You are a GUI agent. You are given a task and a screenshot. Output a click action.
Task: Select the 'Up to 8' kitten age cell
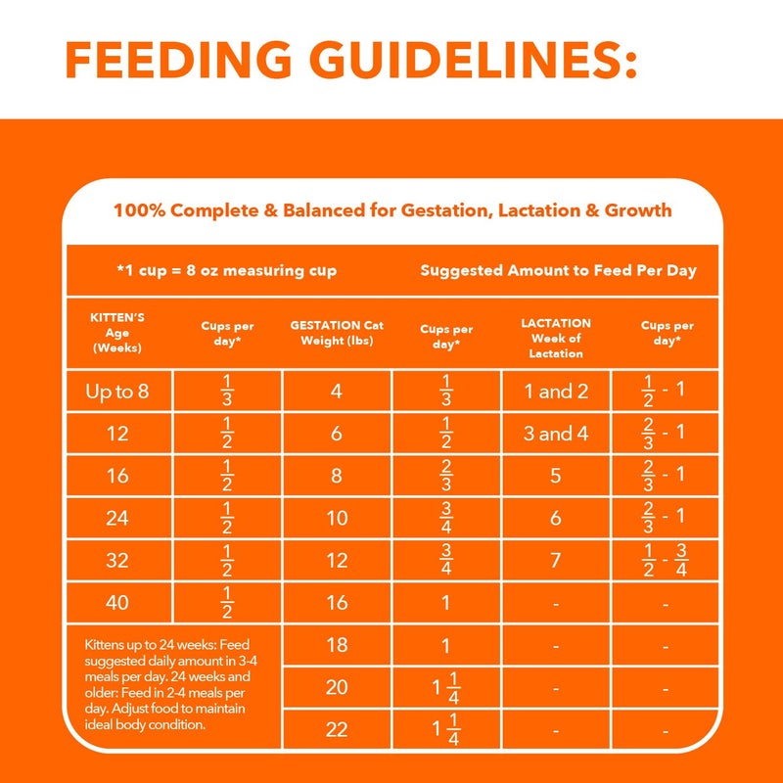click(117, 391)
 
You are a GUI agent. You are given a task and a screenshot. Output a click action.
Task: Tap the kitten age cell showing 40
click(117, 602)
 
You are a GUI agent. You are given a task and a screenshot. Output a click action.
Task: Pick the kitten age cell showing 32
click(117, 560)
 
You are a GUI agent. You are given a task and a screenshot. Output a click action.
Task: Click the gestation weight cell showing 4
click(337, 391)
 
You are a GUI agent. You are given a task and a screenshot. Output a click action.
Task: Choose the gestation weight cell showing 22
click(337, 729)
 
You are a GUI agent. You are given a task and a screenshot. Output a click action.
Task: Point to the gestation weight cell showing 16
click(337, 602)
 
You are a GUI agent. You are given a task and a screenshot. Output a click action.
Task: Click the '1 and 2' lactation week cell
click(555, 391)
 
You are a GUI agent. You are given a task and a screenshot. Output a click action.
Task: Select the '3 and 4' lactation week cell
click(555, 434)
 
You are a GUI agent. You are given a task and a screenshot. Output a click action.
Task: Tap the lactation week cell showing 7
click(555, 560)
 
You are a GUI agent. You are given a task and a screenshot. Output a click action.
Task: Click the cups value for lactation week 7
click(666, 560)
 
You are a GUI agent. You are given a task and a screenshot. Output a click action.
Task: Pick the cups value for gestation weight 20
click(445, 687)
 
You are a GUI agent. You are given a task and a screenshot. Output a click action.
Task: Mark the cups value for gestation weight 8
click(445, 476)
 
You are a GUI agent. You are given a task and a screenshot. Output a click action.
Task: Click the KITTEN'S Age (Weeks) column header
click(117, 333)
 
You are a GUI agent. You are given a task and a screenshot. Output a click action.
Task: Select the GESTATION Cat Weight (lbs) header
click(337, 333)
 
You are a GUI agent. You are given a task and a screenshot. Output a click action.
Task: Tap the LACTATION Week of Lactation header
click(555, 337)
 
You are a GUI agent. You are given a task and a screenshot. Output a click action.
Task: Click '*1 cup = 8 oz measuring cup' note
click(226, 270)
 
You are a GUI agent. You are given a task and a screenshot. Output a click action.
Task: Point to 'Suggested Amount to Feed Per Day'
click(558, 270)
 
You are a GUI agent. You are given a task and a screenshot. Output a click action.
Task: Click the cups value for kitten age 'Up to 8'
click(227, 391)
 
